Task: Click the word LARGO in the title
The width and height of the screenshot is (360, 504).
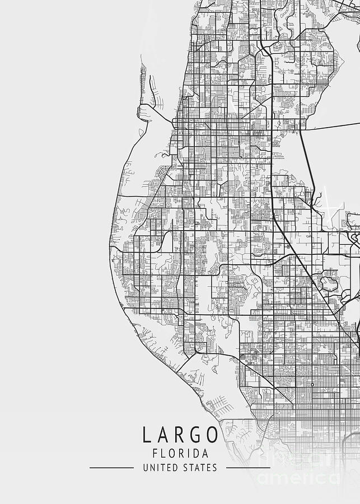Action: (x=180, y=435)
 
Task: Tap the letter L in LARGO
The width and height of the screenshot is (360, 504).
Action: (x=147, y=435)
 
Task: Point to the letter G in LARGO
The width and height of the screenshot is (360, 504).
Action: (x=196, y=435)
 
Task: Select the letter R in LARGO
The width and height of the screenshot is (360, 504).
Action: (x=179, y=435)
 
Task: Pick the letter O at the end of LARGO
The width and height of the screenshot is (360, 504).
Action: (x=213, y=435)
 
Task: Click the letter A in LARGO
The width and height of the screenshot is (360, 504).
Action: (x=163, y=435)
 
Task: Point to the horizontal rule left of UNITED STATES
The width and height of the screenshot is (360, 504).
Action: (x=111, y=468)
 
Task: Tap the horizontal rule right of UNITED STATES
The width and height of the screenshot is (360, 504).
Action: (x=247, y=468)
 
